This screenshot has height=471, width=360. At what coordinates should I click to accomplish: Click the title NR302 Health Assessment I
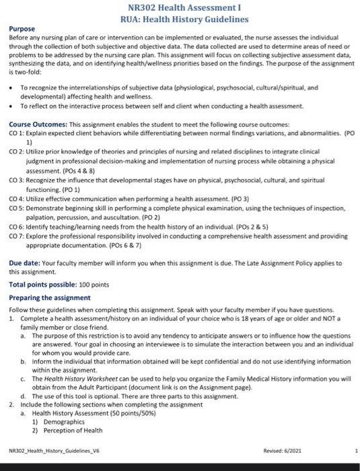click(180, 8)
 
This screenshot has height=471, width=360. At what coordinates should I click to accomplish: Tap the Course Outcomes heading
click(38, 125)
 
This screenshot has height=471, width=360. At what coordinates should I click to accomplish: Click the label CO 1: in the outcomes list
click(17, 133)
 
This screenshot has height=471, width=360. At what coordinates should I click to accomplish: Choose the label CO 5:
click(17, 209)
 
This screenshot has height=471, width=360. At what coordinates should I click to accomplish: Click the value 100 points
click(98, 285)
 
